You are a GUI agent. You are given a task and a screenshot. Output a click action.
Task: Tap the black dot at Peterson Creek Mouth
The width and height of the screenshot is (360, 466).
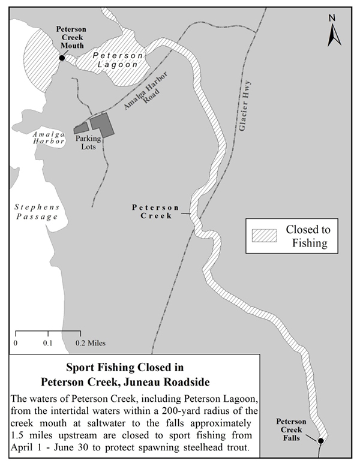point(62,58)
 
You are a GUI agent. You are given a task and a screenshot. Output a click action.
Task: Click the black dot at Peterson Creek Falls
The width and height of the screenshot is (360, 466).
point(320,441)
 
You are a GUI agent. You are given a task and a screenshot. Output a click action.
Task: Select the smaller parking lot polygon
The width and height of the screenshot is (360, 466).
point(81,128)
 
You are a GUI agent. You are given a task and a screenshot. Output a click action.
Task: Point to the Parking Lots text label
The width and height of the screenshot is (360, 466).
point(88,143)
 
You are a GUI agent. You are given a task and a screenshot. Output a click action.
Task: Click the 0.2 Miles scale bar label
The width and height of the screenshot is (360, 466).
point(90,343)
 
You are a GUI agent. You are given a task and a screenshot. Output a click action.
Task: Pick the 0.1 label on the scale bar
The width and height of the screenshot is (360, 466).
point(48,343)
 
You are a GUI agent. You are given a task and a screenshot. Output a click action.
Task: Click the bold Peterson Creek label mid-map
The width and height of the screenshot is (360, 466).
point(152,211)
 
